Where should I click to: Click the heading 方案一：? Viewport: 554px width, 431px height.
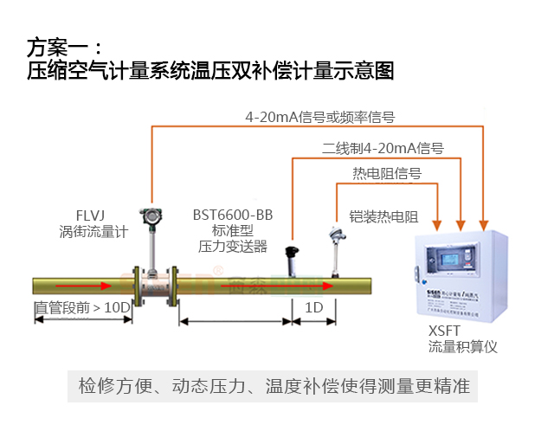(65, 46)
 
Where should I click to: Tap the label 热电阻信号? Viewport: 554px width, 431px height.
(386, 173)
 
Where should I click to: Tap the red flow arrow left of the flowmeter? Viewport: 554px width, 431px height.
(95, 285)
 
